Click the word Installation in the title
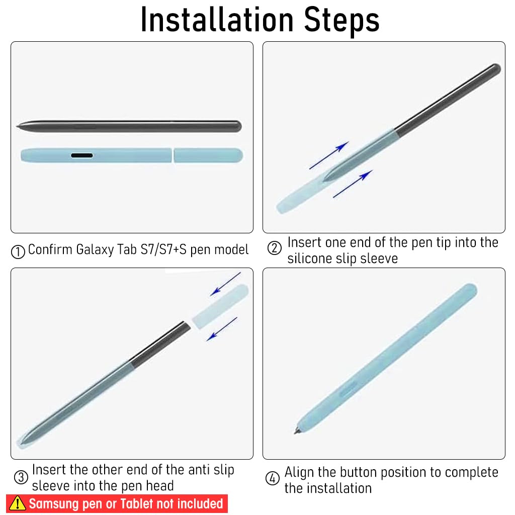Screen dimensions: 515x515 (x=217, y=20)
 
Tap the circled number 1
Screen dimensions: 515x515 (x=18, y=252)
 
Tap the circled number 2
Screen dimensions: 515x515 (x=274, y=248)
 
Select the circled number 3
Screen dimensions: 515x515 (x=21, y=477)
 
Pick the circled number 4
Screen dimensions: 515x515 (x=272, y=478)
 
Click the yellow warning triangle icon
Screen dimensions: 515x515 (x=18, y=503)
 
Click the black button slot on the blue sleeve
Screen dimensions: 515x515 (x=82, y=155)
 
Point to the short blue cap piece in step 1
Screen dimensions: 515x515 (x=208, y=155)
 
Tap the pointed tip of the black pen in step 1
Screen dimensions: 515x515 (x=17, y=126)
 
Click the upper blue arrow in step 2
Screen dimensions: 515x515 (x=329, y=155)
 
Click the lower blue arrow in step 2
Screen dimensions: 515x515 (x=353, y=184)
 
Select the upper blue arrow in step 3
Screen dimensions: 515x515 (x=226, y=284)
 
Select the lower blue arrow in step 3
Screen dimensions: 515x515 (x=222, y=329)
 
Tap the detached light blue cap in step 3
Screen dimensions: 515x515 (x=220, y=306)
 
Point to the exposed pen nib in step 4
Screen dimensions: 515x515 (x=297, y=431)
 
